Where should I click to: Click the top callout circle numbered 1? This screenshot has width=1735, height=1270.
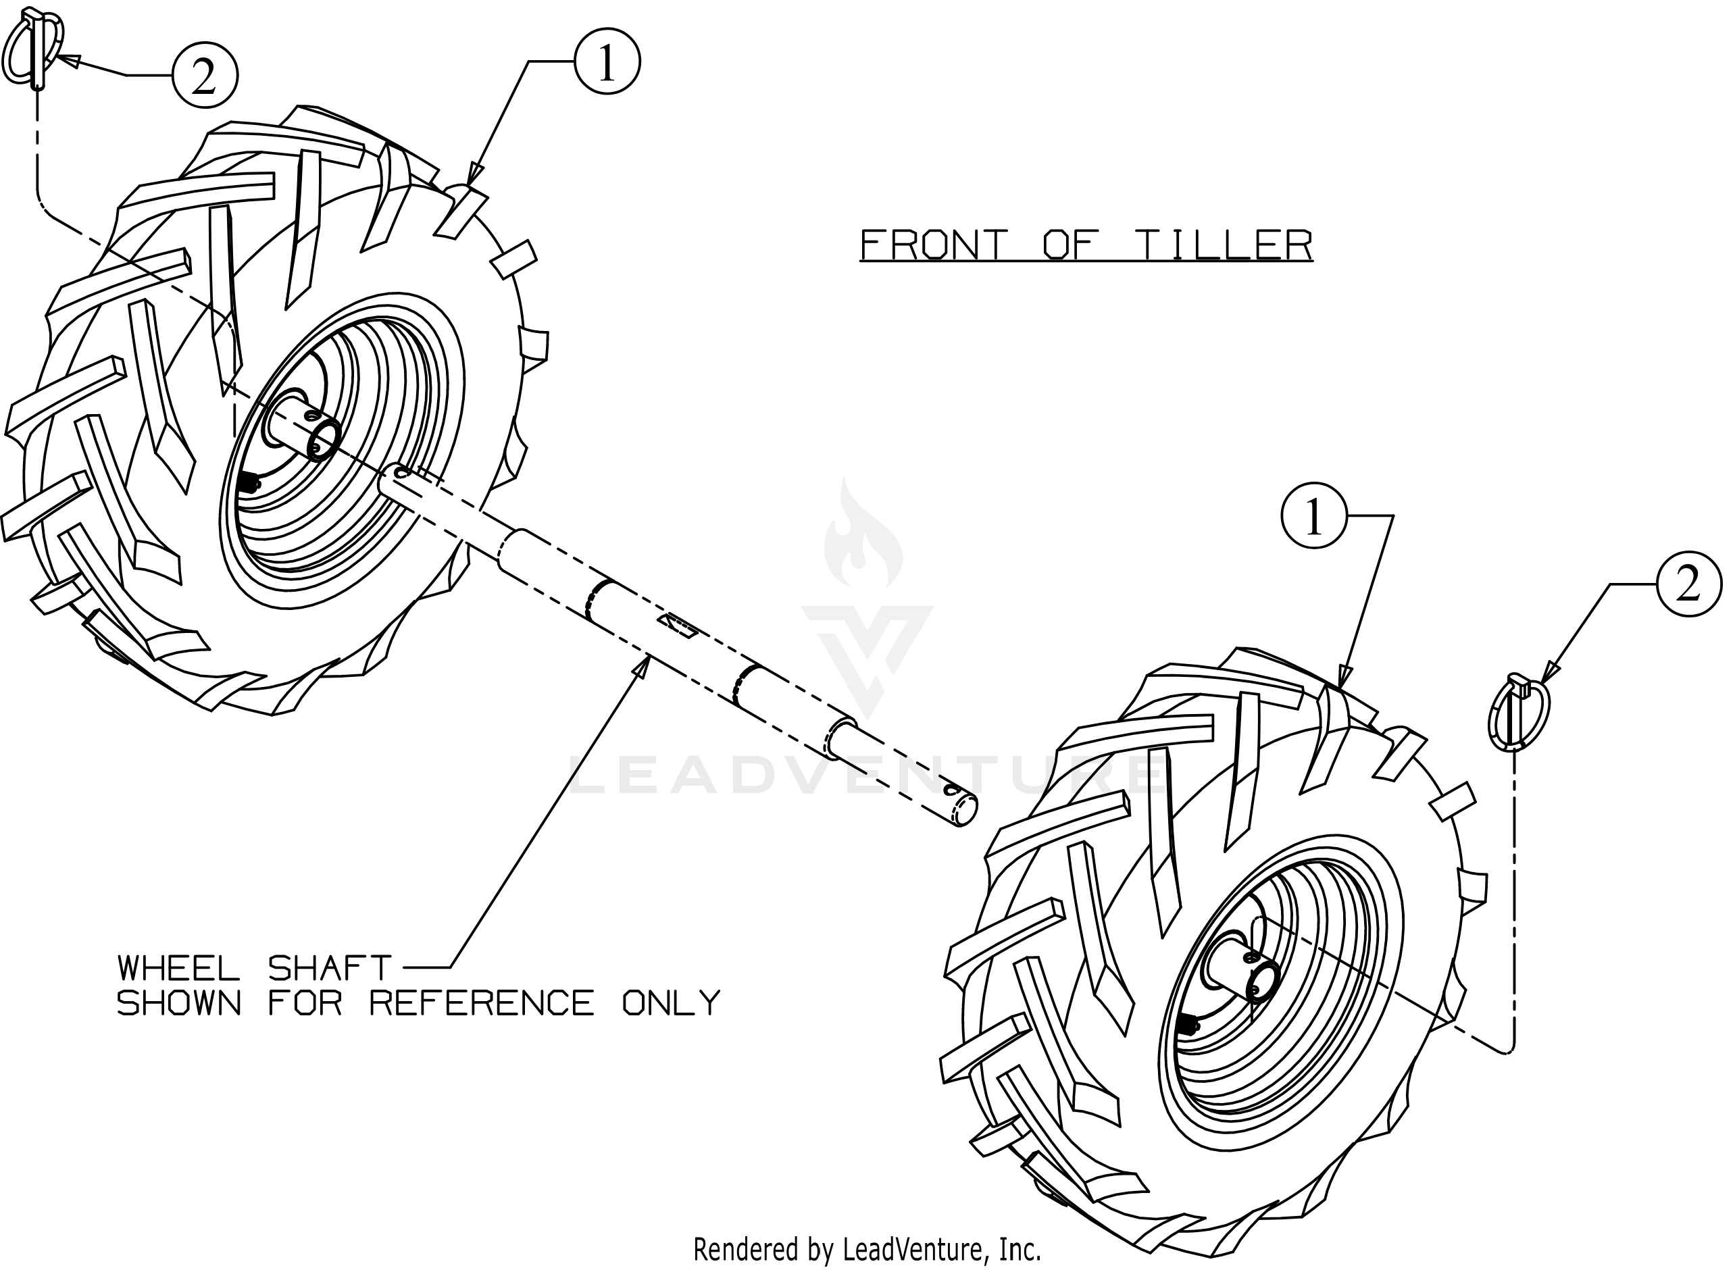click(x=607, y=62)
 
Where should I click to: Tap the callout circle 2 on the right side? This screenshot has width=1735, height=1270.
click(x=1689, y=584)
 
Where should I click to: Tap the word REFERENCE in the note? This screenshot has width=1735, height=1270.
click(x=482, y=1003)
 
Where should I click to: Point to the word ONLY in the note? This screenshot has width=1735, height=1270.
click(x=671, y=1003)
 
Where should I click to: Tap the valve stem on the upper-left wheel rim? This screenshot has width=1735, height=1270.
click(x=249, y=483)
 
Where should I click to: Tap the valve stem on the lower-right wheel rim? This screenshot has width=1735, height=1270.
click(x=1188, y=1025)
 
